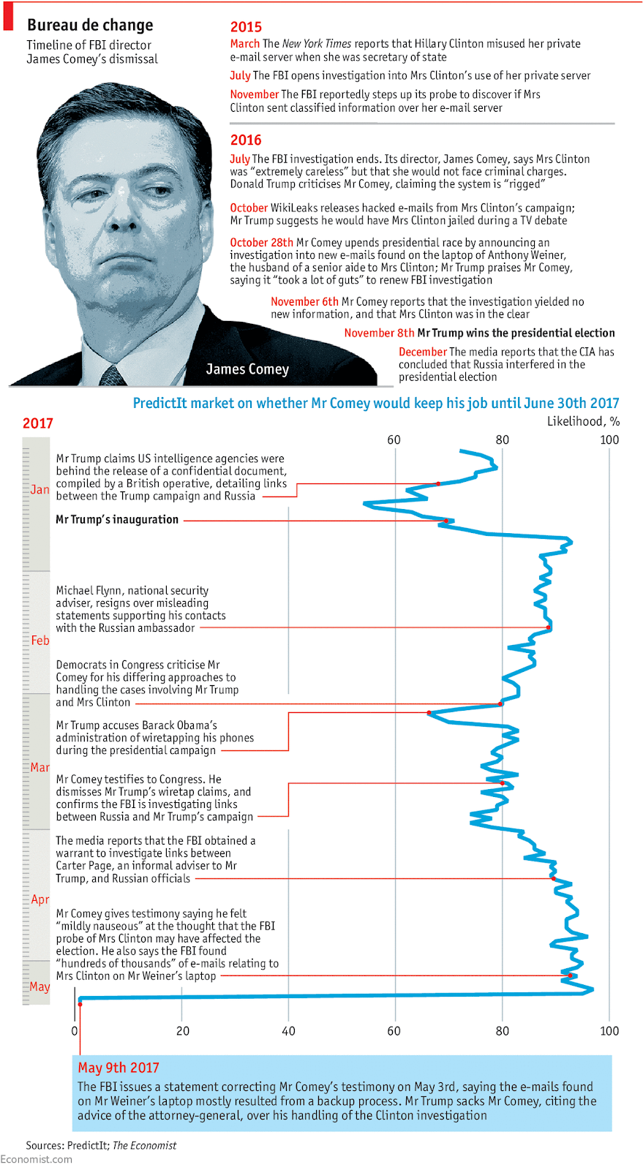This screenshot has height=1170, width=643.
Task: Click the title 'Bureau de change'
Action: (90, 25)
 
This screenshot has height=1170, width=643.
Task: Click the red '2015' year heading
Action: (246, 27)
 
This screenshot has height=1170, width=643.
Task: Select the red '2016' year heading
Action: (246, 140)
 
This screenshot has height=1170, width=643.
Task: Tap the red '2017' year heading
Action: (38, 423)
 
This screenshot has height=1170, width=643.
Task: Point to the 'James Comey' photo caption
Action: (247, 369)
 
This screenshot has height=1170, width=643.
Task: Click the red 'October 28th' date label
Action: (261, 243)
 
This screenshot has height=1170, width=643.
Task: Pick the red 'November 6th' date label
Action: (304, 301)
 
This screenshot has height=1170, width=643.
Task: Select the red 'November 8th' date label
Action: (379, 333)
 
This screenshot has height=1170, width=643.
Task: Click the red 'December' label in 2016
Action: (422, 352)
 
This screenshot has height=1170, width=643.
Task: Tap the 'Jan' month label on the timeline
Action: (40, 489)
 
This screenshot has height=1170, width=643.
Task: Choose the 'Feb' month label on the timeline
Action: (40, 640)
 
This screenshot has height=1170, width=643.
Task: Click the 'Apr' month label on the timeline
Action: (40, 899)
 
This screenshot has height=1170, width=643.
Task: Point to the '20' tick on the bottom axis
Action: (182, 1031)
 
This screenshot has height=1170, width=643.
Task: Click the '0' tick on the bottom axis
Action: (75, 1031)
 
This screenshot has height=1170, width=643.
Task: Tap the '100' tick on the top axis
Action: (609, 439)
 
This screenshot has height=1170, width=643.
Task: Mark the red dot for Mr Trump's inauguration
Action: (446, 521)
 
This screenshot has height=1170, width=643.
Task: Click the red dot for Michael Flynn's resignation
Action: (549, 627)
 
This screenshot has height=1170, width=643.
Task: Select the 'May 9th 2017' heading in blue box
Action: (119, 1068)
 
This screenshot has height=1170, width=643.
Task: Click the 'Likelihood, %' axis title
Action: (583, 421)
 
